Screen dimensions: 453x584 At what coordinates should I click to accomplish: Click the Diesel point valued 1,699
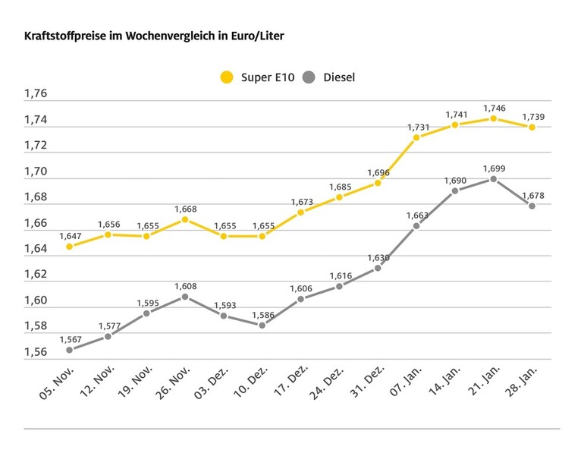coord(493,179)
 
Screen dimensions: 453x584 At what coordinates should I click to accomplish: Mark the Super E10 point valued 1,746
coord(493,118)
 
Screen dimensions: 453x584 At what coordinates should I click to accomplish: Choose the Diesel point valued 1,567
coord(69,350)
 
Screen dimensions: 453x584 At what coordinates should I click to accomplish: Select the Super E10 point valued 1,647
coord(69,247)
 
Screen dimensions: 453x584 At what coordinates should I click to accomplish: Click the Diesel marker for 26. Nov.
coord(185,297)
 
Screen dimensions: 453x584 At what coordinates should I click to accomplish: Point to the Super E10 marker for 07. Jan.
coord(416,137)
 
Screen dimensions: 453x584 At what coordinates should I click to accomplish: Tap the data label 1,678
coord(532,195)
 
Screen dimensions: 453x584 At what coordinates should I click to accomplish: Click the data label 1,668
coord(185,209)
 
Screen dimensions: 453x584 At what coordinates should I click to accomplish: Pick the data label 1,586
coord(262,313)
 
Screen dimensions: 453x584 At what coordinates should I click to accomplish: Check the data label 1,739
coord(532,116)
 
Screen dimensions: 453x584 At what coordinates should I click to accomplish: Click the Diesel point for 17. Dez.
coord(300,299)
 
